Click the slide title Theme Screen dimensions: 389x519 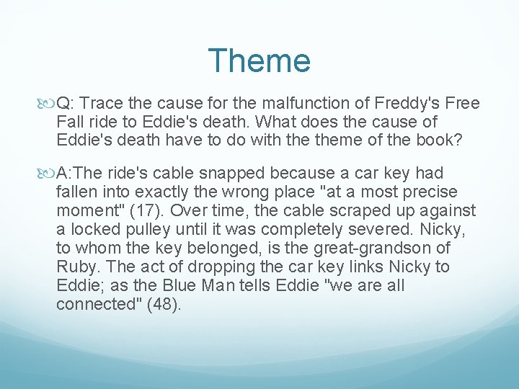click(x=259, y=61)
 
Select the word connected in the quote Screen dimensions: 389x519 click(x=93, y=304)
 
